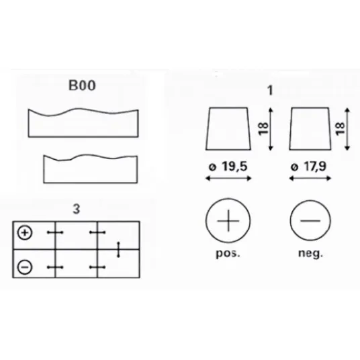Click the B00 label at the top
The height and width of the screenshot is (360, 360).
point(82,85)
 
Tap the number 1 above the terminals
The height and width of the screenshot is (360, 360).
point(270,90)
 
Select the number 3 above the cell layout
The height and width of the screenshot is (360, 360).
point(77,209)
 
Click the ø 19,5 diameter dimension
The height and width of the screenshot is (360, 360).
point(228,167)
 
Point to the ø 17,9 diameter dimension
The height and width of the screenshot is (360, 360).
point(308,167)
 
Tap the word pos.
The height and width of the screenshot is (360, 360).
point(228,254)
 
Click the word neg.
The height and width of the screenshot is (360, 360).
point(311,254)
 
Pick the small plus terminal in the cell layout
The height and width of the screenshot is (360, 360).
point(25,233)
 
